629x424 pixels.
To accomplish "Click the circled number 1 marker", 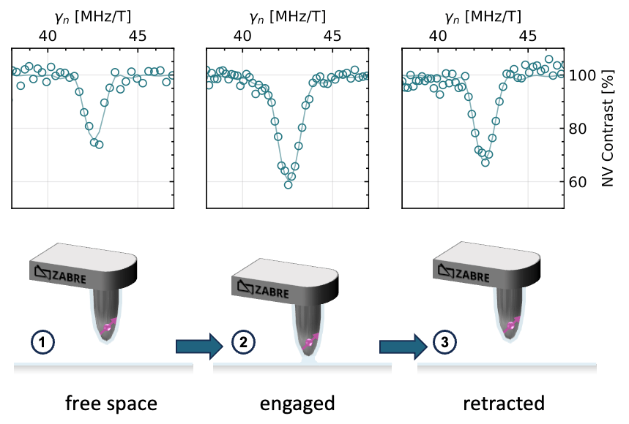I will [40, 341].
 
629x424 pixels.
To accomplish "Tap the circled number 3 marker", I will [444, 341].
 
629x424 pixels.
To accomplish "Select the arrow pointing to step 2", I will [198, 345].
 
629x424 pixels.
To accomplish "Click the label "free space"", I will [111, 403].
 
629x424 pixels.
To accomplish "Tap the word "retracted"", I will [505, 403].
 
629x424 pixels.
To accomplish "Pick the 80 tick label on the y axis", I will [583, 128].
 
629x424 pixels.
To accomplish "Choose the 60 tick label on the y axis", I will [583, 181].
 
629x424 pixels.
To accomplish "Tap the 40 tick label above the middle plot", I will [243, 35].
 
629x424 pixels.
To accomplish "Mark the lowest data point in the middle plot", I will [289, 184].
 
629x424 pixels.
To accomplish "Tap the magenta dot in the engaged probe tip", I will [308, 341].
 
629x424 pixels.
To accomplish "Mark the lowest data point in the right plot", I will [485, 162].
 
